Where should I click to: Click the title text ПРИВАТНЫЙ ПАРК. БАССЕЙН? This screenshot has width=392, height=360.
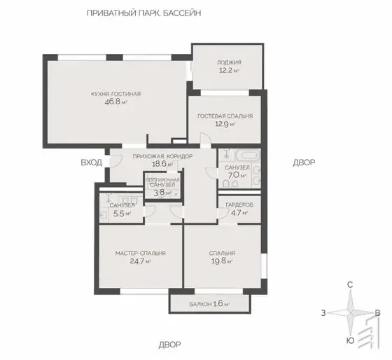143,13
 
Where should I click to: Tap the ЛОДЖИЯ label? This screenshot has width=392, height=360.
229,62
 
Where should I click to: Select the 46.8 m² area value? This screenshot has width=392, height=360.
116,102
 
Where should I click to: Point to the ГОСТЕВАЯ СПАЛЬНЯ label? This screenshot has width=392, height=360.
225,116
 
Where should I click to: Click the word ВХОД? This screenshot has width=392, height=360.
92,162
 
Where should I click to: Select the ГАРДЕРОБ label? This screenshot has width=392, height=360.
239,205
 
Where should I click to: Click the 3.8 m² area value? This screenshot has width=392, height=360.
162,193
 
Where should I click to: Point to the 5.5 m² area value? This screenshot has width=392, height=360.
122,214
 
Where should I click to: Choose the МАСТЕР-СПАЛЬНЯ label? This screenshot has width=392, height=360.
141,253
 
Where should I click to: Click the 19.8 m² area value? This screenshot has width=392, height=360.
222,261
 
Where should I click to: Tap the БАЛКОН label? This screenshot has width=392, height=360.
201,305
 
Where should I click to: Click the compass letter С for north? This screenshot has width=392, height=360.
351,285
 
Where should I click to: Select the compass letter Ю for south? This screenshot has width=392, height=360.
351,340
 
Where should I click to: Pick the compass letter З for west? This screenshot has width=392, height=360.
323,313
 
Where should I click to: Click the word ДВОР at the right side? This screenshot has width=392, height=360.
304,162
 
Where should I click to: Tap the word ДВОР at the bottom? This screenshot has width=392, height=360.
169,345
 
